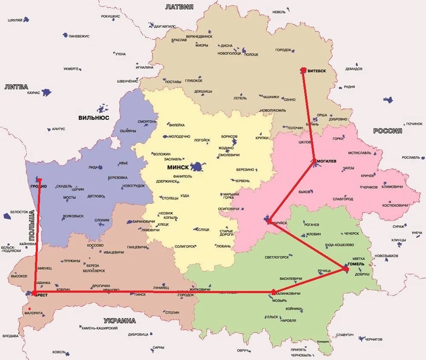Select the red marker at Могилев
(x=314, y=161)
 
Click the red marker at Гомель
(x=346, y=269)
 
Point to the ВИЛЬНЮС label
(x=94, y=118)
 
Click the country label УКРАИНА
(x=120, y=321)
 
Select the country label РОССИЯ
(x=388, y=131)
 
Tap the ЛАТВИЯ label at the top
(x=179, y=7)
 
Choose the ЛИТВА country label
(x=16, y=87)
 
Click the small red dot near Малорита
(x=29, y=308)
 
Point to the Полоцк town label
(x=251, y=55)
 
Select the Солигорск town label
(x=185, y=247)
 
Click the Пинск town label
(x=140, y=294)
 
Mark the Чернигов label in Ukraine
(x=374, y=339)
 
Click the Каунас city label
(x=33, y=92)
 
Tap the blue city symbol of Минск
(x=197, y=167)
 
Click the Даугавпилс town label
(x=165, y=26)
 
